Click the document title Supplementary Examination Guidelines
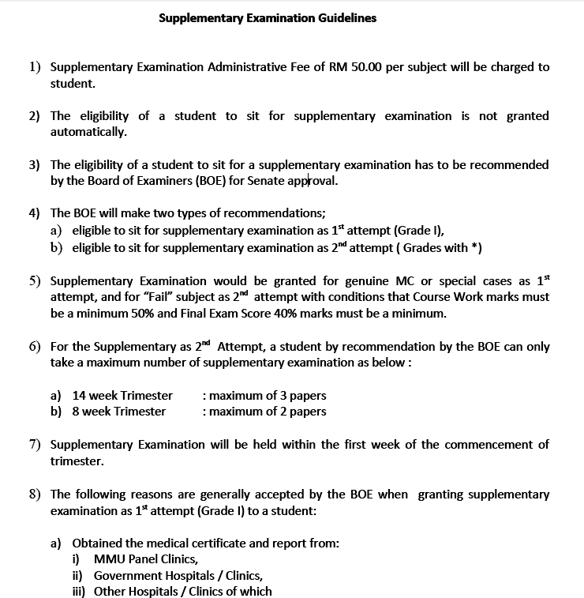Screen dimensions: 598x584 click(x=268, y=17)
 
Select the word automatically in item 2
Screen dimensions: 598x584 click(x=88, y=131)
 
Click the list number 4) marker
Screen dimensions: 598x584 click(x=35, y=213)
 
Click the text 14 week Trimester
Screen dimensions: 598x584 click(x=122, y=395)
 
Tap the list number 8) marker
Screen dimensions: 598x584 click(x=35, y=494)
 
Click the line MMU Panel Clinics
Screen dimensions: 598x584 click(x=145, y=559)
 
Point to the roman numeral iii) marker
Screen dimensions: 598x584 click(x=79, y=591)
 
